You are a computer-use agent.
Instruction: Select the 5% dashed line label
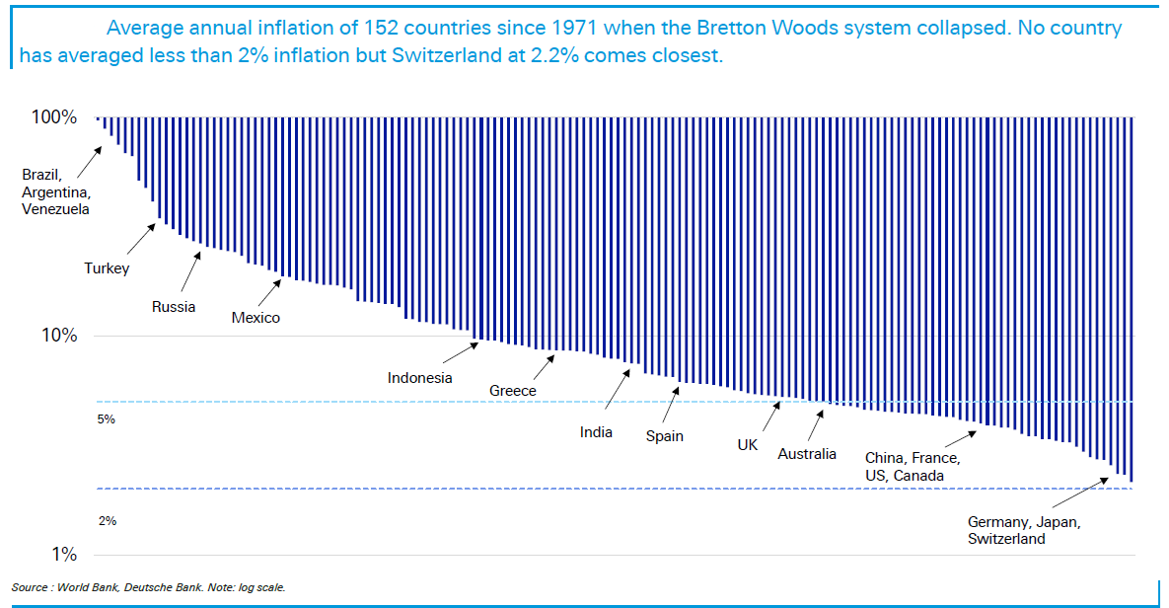tap(107, 419)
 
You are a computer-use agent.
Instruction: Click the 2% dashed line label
tap(107, 520)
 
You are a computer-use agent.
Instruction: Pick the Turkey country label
tap(107, 268)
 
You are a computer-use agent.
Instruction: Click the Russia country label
tap(174, 306)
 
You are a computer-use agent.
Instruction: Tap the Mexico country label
tap(256, 318)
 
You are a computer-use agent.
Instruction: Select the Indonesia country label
tap(420, 377)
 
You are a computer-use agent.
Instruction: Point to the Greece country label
tap(513, 391)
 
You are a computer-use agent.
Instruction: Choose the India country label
tap(596, 432)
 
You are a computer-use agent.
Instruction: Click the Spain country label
tap(665, 435)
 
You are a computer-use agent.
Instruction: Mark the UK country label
tap(748, 445)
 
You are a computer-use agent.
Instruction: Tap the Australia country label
tap(807, 454)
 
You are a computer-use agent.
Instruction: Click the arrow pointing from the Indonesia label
tap(460, 353)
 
